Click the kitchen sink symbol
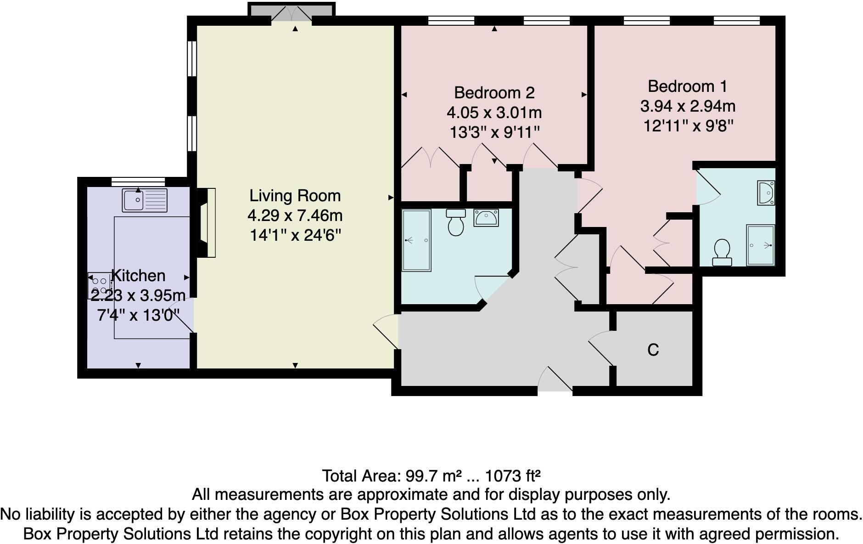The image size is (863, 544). pyautogui.click(x=145, y=200)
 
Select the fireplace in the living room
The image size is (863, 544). pyautogui.click(x=207, y=222)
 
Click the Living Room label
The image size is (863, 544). pyautogui.click(x=295, y=196)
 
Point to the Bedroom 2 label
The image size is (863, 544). pyautogui.click(x=494, y=93)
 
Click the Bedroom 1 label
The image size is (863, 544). pyautogui.click(x=687, y=86)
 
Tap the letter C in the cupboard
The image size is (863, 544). pyautogui.click(x=653, y=350)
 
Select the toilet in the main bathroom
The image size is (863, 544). pyautogui.click(x=455, y=222)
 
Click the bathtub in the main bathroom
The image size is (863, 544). pyautogui.click(x=416, y=240)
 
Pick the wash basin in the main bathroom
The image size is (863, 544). pyautogui.click(x=486, y=218)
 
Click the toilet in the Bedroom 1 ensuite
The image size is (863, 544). pyautogui.click(x=722, y=252)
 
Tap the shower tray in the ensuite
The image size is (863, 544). pyautogui.click(x=760, y=245)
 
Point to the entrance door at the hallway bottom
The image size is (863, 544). pyautogui.click(x=555, y=381)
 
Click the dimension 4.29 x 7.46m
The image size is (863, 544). pyautogui.click(x=295, y=215)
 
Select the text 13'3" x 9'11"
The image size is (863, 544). pyautogui.click(x=494, y=133)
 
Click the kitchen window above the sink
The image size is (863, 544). pyautogui.click(x=138, y=181)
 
